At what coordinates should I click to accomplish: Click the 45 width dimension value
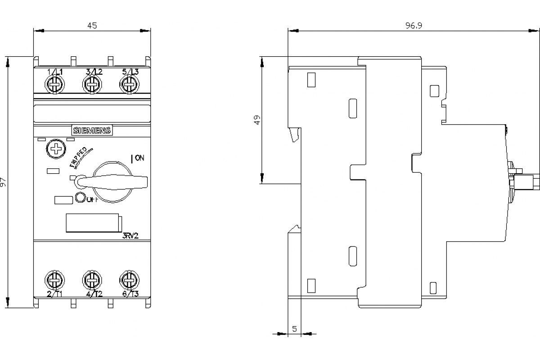[92, 26]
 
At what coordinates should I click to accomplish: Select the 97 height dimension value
[4, 182]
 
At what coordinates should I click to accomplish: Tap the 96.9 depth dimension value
[413, 26]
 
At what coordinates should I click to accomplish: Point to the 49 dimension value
[257, 120]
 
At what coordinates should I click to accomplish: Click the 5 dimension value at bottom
[294, 329]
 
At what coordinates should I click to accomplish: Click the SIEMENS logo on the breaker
[92, 130]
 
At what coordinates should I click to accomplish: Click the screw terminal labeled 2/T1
[55, 281]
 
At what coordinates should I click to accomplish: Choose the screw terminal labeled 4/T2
[92, 281]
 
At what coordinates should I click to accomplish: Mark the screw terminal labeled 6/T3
[129, 281]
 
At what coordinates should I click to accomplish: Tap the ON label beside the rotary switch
[139, 158]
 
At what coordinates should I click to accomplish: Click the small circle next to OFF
[81, 198]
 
